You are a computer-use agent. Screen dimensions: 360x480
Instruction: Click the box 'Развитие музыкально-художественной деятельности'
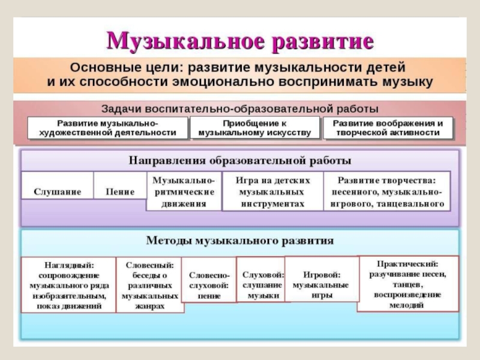(108, 128)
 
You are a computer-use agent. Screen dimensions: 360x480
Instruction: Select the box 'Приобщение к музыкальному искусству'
(255, 128)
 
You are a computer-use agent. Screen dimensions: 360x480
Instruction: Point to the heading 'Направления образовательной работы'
(240, 161)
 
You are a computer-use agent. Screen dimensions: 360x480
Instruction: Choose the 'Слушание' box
(57, 191)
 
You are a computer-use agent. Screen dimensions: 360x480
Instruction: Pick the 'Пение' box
(120, 191)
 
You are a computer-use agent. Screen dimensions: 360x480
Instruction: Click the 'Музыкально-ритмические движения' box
(184, 191)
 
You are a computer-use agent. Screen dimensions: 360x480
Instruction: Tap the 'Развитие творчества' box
(386, 191)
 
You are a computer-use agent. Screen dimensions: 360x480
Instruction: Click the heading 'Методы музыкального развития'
(240, 241)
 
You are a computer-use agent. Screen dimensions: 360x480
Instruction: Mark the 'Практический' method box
(408, 284)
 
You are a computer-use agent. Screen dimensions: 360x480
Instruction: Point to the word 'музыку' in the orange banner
(408, 82)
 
